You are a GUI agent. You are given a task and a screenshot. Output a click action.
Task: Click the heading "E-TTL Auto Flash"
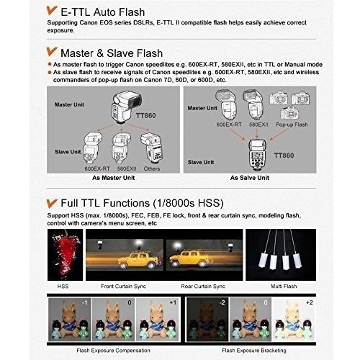pyautogui.click(x=103, y=12)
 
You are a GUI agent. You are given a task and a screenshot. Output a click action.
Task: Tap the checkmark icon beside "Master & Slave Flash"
pyautogui.click(x=52, y=52)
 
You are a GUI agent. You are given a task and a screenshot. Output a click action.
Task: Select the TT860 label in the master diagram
pyautogui.click(x=146, y=115)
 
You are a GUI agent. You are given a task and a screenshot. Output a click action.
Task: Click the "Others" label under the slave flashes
pyautogui.click(x=152, y=168)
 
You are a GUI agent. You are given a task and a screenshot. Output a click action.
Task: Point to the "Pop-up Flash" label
pyautogui.click(x=292, y=125)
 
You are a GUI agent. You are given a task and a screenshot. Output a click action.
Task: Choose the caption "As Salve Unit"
pyautogui.click(x=250, y=178)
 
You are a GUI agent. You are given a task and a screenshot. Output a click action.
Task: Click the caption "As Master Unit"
pyautogui.click(x=114, y=178)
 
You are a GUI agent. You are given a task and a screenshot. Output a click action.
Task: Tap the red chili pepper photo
pyautogui.click(x=65, y=255)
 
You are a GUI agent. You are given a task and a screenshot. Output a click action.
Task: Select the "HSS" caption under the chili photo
pyautogui.click(x=63, y=286)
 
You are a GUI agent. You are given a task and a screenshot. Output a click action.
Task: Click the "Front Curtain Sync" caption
pyautogui.click(x=123, y=286)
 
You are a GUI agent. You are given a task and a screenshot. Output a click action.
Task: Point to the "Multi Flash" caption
pyautogui.click(x=284, y=286)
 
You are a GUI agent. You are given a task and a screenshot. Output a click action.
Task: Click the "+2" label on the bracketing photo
pyautogui.click(x=310, y=302)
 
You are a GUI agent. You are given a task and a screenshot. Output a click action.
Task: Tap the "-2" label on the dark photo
pyautogui.click(x=222, y=302)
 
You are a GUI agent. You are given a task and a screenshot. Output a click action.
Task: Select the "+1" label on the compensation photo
pyautogui.click(x=173, y=302)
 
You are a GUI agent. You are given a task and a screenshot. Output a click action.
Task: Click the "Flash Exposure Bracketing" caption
pyautogui.click(x=254, y=351)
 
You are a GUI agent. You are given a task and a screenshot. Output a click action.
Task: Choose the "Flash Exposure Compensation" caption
pyautogui.click(x=113, y=351)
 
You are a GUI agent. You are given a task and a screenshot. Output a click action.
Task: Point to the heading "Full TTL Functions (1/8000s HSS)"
pyautogui.click(x=142, y=203)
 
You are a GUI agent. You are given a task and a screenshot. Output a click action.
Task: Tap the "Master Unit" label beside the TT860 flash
pyautogui.click(x=69, y=104)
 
